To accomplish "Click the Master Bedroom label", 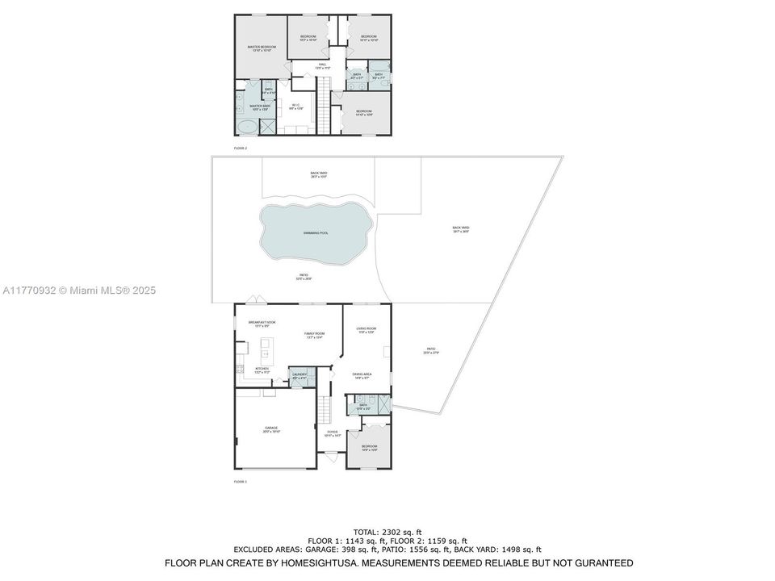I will (x=262, y=48).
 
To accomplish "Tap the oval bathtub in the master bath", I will (x=247, y=127).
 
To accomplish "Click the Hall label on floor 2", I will (x=322, y=65).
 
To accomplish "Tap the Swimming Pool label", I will (x=316, y=232).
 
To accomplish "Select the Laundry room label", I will (x=299, y=374).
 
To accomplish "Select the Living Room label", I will (x=367, y=328).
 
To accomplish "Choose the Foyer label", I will (x=333, y=433).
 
